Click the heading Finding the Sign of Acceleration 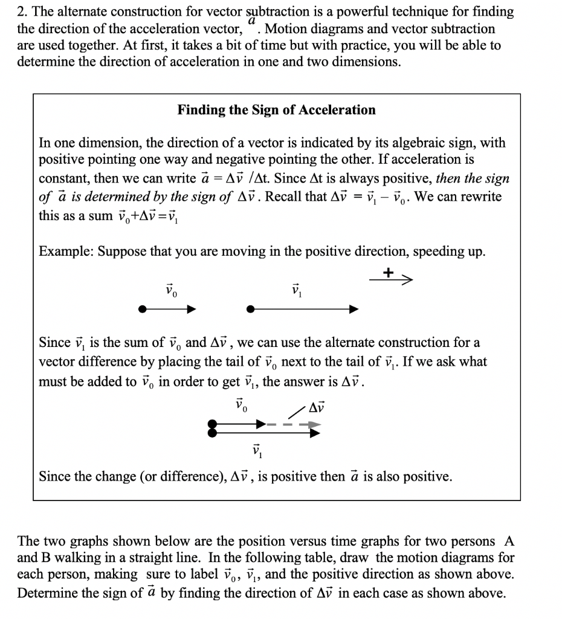(276, 110)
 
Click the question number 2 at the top (21, 11)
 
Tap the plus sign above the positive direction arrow (389, 273)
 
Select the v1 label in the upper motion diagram (296, 291)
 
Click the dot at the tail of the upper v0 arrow (142, 309)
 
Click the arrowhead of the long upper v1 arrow (354, 309)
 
